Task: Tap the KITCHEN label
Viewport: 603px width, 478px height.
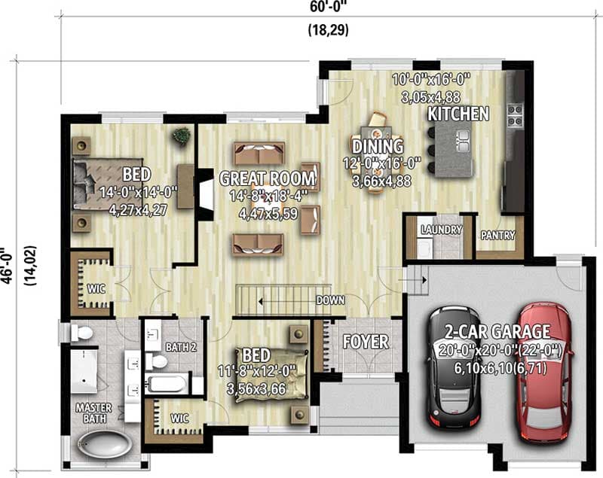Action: (458, 114)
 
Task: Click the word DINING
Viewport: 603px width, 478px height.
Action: (378, 146)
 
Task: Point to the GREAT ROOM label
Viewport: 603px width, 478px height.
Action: (266, 178)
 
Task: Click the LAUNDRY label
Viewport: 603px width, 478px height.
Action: (441, 229)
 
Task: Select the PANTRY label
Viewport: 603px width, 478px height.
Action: (497, 236)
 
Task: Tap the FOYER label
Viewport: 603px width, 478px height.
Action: (366, 342)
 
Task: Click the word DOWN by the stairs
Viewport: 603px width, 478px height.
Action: (330, 300)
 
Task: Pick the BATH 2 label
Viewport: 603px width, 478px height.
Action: (181, 347)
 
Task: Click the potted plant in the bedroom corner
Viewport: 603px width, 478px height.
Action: (181, 136)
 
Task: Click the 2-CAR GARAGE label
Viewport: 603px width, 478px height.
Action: (497, 330)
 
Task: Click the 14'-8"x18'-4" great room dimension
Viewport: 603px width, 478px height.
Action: (266, 196)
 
